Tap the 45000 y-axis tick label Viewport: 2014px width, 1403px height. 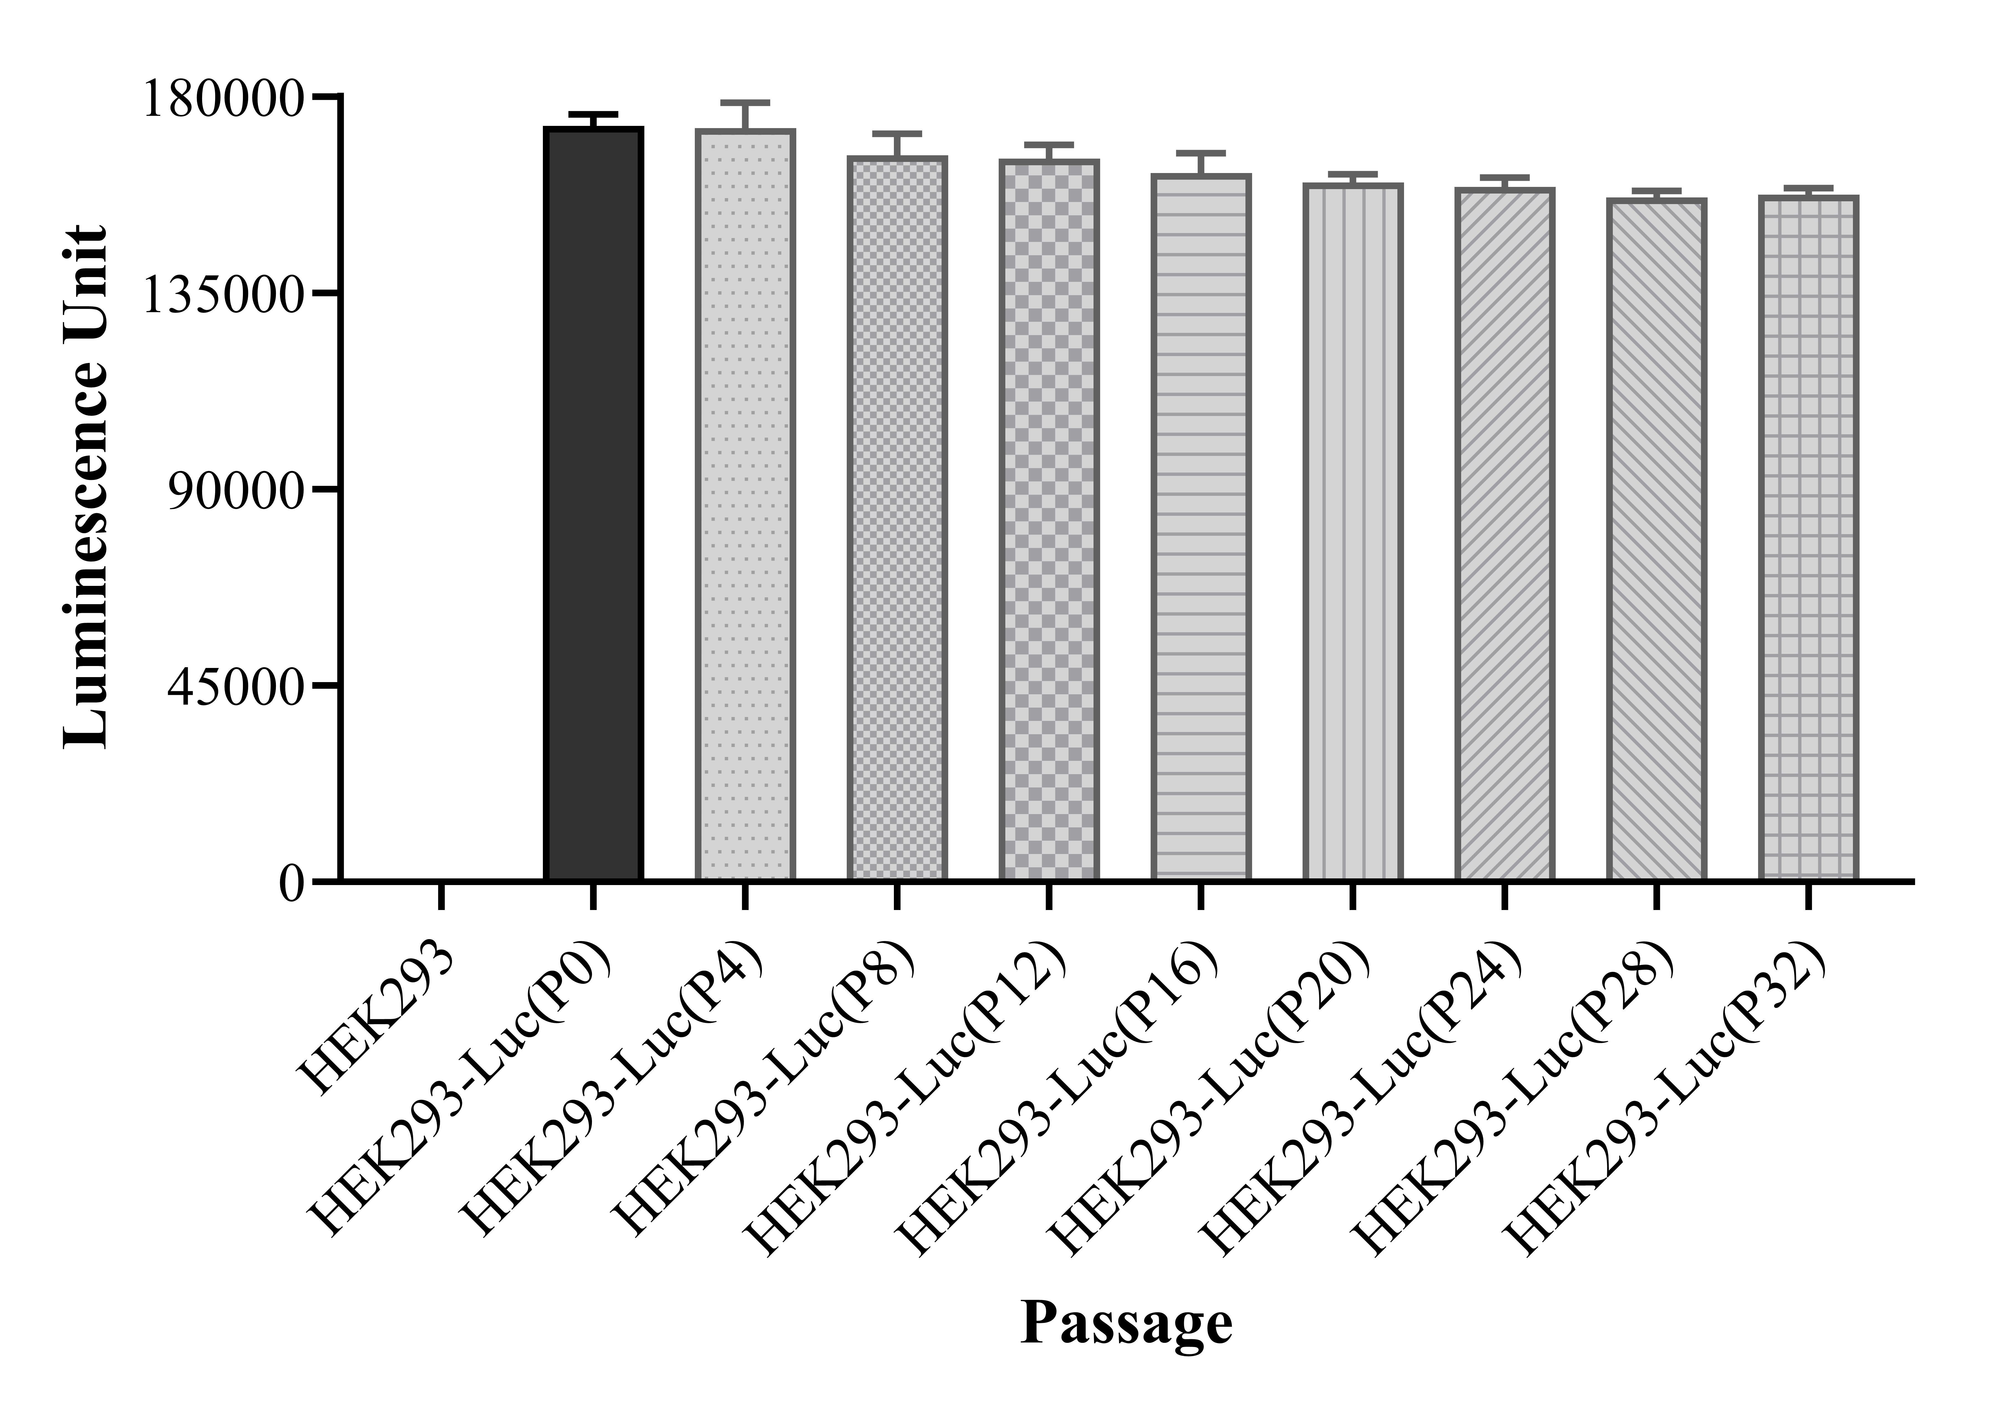237,687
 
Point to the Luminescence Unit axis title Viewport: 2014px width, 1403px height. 86,487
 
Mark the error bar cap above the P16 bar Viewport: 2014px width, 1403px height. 1201,153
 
